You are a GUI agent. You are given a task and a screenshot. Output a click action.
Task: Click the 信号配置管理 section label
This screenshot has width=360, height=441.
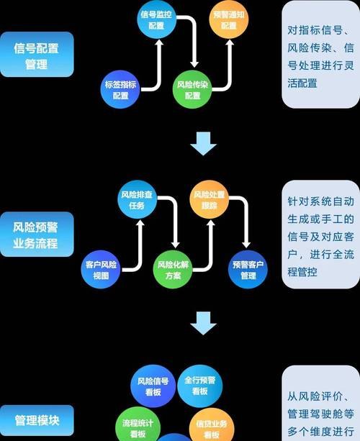(37, 55)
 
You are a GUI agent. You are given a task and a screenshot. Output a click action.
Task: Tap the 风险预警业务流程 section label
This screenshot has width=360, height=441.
(37, 235)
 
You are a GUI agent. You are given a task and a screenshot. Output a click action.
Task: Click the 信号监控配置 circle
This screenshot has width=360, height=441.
(156, 19)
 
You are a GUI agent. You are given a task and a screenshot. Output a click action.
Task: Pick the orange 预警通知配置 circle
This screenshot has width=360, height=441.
(228, 19)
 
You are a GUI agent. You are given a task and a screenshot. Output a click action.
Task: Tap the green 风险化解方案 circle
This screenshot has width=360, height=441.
(174, 270)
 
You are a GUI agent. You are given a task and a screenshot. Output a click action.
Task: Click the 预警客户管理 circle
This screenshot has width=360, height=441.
(248, 270)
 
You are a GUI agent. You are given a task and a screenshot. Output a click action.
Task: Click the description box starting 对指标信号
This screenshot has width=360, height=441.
(320, 55)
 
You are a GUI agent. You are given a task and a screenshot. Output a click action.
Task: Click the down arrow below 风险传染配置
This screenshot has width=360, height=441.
(203, 144)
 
